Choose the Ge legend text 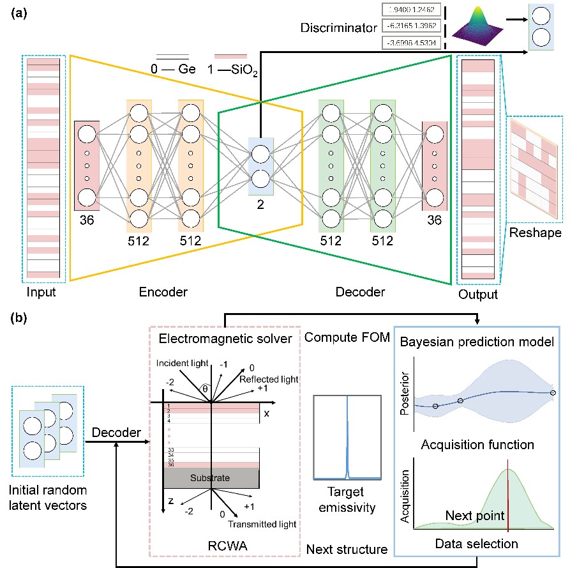point(187,69)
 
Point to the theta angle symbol point(204,388)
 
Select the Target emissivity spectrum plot point(347,438)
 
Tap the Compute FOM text point(347,337)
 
